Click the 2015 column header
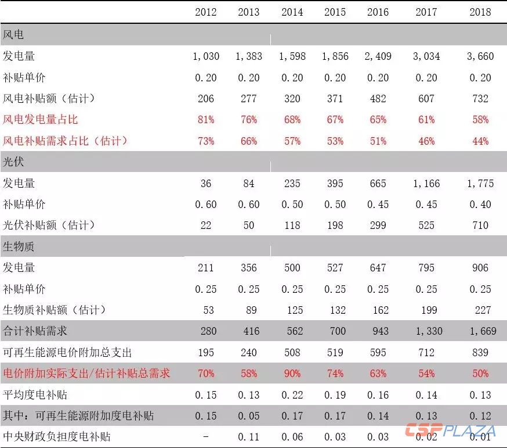[335, 12]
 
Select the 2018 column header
[480, 12]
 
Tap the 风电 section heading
[13, 35]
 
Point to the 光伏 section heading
[13, 162]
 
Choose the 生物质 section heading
[19, 246]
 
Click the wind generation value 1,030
[206, 56]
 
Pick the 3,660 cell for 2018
[480, 56]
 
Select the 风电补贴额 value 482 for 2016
[378, 99]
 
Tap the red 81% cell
[206, 120]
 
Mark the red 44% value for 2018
[480, 141]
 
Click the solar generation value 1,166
[426, 184]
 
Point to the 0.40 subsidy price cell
[480, 205]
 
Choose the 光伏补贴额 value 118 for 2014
[292, 225]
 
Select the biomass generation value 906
[480, 268]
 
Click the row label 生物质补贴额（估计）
[55, 310]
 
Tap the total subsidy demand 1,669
[480, 331]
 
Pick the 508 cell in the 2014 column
[292, 352]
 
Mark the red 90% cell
[292, 374]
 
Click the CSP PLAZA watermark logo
[450, 431]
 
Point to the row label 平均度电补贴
[35, 395]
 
